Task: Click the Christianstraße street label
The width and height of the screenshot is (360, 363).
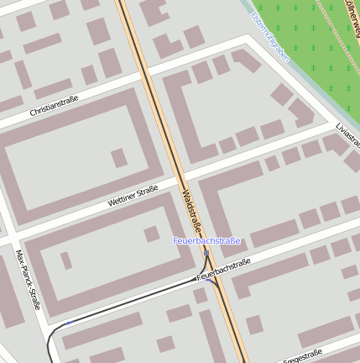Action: point(54,107)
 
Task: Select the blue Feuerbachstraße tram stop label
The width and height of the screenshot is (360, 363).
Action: point(206,241)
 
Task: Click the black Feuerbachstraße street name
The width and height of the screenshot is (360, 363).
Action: point(223,269)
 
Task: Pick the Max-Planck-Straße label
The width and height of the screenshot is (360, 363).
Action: point(29,278)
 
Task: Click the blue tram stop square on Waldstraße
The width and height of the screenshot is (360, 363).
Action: point(206,252)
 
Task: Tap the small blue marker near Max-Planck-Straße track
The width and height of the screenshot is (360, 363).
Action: point(69,323)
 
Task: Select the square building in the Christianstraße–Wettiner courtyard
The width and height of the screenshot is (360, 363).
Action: point(119,157)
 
